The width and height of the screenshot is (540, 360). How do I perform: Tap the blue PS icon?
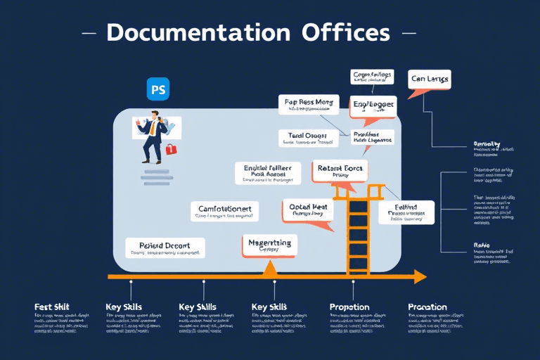[160, 91]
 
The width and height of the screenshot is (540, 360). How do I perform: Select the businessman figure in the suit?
[153, 137]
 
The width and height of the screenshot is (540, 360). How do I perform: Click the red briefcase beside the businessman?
[170, 149]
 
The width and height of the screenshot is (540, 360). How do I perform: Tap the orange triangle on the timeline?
[270, 268]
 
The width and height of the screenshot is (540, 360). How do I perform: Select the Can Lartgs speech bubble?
[429, 79]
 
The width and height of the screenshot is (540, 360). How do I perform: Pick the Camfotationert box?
[224, 212]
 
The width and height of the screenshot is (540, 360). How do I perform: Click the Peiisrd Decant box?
[165, 247]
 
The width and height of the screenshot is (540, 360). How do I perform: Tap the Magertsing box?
[269, 245]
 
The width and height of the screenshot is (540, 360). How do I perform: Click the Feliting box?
[406, 212]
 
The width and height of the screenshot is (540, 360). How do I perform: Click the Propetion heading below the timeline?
[349, 307]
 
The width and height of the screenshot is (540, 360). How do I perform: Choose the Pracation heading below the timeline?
[427, 307]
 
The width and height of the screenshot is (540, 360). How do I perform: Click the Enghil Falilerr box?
[267, 172]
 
